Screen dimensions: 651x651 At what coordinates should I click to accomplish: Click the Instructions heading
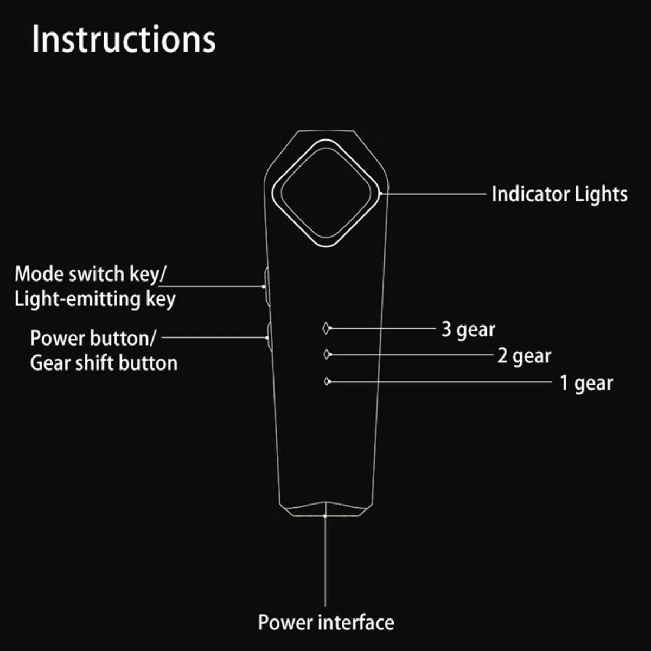(124, 39)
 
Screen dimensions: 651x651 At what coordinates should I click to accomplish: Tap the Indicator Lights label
(559, 194)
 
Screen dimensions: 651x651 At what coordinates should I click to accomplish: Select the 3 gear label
(468, 329)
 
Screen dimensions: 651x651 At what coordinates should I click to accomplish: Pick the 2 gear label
(524, 356)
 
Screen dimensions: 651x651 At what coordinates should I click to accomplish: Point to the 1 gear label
(586, 384)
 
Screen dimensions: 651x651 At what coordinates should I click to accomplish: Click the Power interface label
(326, 622)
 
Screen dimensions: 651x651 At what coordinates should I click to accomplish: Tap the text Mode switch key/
(90, 273)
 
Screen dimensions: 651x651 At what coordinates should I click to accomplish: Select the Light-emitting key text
(95, 299)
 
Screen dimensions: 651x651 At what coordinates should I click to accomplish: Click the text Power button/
(93, 338)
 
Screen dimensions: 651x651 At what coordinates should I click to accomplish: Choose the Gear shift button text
(104, 363)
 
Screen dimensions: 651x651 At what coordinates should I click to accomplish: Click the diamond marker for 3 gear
(325, 328)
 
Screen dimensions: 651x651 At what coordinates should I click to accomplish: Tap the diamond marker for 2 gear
(326, 354)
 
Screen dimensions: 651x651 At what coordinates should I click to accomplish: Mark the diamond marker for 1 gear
(327, 381)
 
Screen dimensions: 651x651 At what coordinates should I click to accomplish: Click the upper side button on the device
(266, 286)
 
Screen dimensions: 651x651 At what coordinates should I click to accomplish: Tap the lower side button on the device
(269, 337)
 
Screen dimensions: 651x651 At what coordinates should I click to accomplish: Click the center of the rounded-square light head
(325, 193)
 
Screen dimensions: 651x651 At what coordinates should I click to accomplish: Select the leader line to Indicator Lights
(433, 194)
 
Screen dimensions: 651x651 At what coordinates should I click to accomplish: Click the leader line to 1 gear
(441, 382)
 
